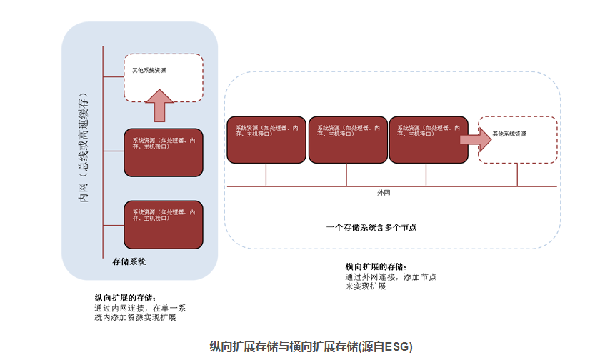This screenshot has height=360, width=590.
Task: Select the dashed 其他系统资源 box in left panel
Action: [x=164, y=77]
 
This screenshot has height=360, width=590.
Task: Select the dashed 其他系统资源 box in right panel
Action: [x=517, y=139]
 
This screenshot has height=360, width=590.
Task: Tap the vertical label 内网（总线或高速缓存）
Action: [x=84, y=147]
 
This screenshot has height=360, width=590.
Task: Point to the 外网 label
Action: [x=384, y=193]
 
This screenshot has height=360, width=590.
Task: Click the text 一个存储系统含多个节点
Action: [x=371, y=227]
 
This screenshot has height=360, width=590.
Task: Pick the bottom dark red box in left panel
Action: [x=164, y=224]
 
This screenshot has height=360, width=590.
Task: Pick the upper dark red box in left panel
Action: [x=164, y=152]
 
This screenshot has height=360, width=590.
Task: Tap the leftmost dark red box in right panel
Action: [x=266, y=139]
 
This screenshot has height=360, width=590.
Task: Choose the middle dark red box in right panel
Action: [x=347, y=139]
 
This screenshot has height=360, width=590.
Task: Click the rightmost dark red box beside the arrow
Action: [x=428, y=139]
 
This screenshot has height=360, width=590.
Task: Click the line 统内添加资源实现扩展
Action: [x=135, y=318]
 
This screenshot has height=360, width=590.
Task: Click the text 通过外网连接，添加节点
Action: [x=391, y=276]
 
